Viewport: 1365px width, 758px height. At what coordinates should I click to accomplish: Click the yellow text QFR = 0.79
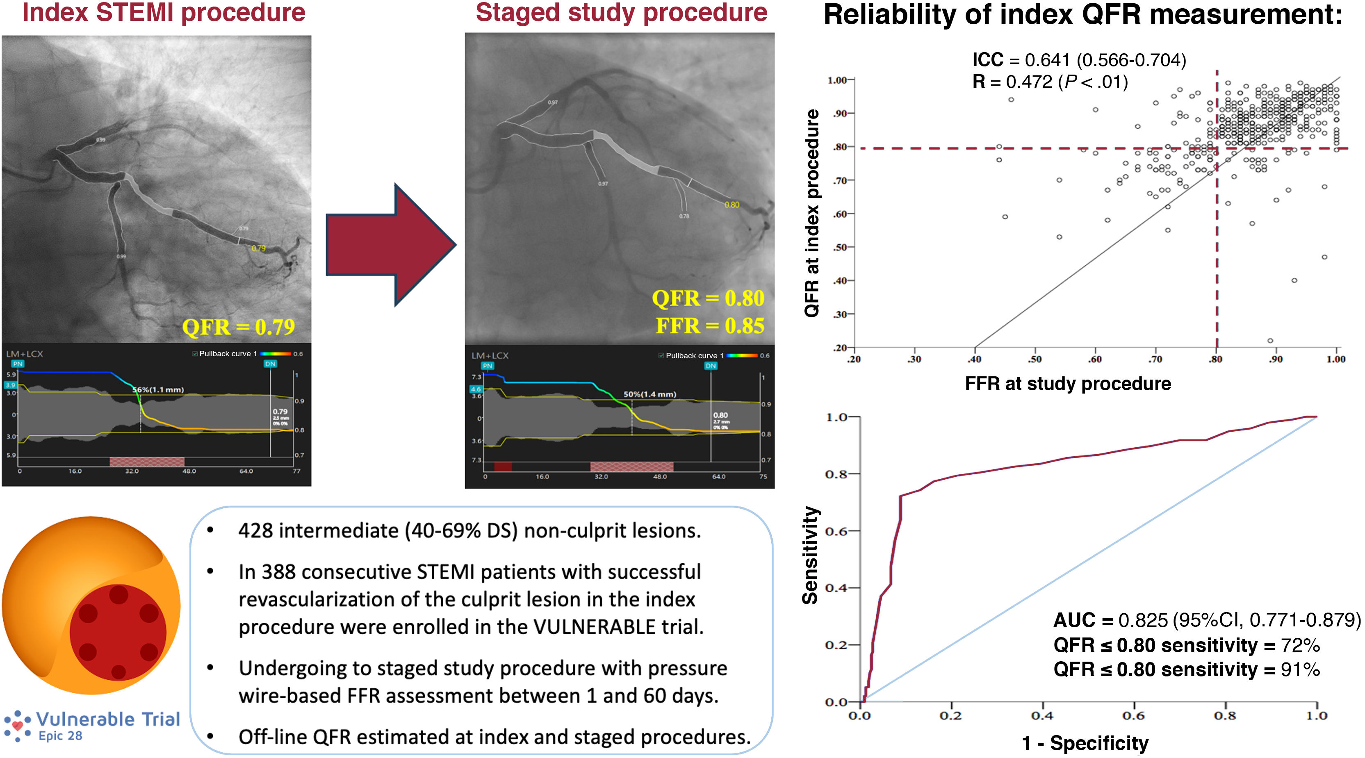click(239, 327)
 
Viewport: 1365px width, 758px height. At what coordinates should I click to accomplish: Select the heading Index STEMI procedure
click(164, 13)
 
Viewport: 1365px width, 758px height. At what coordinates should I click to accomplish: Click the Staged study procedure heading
click(621, 13)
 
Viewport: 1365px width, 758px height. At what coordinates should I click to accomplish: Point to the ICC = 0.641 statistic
click(1078, 60)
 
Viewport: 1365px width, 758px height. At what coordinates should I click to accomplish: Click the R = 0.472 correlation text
click(1049, 82)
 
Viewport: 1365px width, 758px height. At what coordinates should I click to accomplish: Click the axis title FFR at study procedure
click(1067, 383)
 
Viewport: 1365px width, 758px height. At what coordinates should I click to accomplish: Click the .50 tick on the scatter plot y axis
click(839, 247)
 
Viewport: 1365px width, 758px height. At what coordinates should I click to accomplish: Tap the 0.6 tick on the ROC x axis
click(1133, 716)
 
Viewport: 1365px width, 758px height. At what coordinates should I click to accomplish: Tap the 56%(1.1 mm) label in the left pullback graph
click(158, 390)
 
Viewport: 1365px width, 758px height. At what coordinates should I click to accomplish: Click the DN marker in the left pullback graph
click(270, 364)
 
